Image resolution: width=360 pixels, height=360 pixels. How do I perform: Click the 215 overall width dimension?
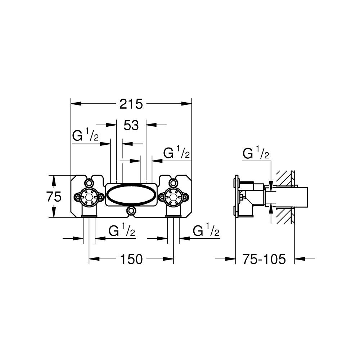pyautogui.click(x=131, y=104)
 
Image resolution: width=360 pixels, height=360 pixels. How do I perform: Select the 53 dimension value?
pyautogui.click(x=131, y=126)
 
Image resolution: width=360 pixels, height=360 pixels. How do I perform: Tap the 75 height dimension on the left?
pyautogui.click(x=54, y=197)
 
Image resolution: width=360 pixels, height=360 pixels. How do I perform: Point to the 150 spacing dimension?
pyautogui.click(x=131, y=259)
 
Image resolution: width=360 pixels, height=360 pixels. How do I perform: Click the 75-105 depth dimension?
pyautogui.click(x=264, y=259)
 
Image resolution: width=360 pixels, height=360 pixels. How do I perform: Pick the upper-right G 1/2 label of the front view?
pyautogui.click(x=176, y=153)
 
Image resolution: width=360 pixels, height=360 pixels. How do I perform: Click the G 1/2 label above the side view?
pyautogui.click(x=256, y=154)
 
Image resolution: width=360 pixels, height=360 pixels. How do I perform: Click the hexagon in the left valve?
pyautogui.click(x=89, y=197)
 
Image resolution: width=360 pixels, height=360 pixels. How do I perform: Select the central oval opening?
pyautogui.click(x=131, y=195)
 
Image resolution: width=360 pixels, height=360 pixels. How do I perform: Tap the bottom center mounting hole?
pyautogui.click(x=131, y=211)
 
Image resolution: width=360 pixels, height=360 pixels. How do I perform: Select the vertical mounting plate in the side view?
pyautogui.click(x=236, y=197)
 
